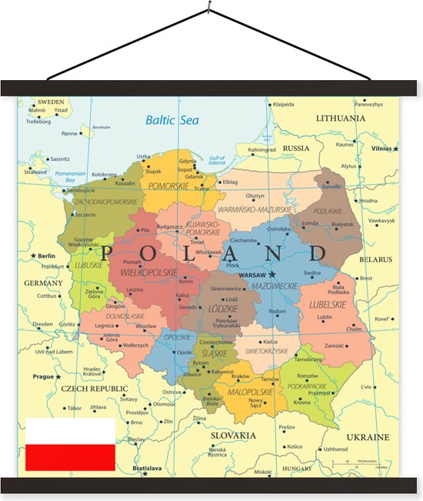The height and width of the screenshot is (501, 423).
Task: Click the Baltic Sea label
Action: (172, 120)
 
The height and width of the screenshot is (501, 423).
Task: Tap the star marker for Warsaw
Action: (271, 275)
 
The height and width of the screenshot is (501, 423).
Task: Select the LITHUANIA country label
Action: (341, 119)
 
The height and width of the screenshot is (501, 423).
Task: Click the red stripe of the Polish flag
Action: (70, 457)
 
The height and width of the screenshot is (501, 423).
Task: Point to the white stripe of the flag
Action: (70, 431)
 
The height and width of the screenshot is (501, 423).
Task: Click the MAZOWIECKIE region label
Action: (275, 286)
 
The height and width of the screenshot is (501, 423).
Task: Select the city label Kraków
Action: (241, 376)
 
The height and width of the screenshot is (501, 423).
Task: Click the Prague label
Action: (43, 377)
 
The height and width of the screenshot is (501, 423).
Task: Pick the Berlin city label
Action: (47, 256)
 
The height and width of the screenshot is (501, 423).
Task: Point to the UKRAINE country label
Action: (368, 436)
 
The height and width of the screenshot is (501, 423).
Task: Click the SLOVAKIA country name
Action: (233, 436)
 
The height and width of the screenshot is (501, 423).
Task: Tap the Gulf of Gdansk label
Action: (217, 159)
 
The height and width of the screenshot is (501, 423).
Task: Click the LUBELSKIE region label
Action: (327, 304)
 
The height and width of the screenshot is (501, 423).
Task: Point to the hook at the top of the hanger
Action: (208, 8)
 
